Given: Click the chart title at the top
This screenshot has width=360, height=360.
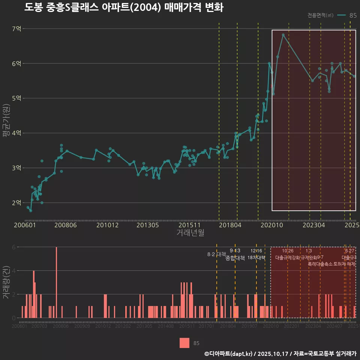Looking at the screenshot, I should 124,7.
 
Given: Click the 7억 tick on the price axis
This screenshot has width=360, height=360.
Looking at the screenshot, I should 16,29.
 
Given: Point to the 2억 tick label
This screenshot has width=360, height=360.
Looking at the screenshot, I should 16,203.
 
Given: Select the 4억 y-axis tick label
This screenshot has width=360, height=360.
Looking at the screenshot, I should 16,133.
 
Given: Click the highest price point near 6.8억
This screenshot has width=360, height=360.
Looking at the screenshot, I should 283,35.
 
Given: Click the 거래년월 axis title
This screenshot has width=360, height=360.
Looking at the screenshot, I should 190,233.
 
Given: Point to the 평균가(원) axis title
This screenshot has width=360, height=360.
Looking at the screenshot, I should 6,121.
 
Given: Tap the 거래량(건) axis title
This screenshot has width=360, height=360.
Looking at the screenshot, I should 6,283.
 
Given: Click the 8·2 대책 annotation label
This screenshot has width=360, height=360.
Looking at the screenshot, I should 214,254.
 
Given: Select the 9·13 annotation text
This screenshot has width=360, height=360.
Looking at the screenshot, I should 235,250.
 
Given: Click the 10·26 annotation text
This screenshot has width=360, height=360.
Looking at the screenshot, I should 288,250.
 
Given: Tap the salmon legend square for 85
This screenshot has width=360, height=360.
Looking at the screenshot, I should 184,343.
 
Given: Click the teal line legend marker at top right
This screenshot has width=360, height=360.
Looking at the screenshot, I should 341,15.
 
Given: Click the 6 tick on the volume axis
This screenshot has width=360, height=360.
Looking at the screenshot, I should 14,247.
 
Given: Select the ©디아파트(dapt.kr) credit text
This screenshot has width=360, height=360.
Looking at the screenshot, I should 229,354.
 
